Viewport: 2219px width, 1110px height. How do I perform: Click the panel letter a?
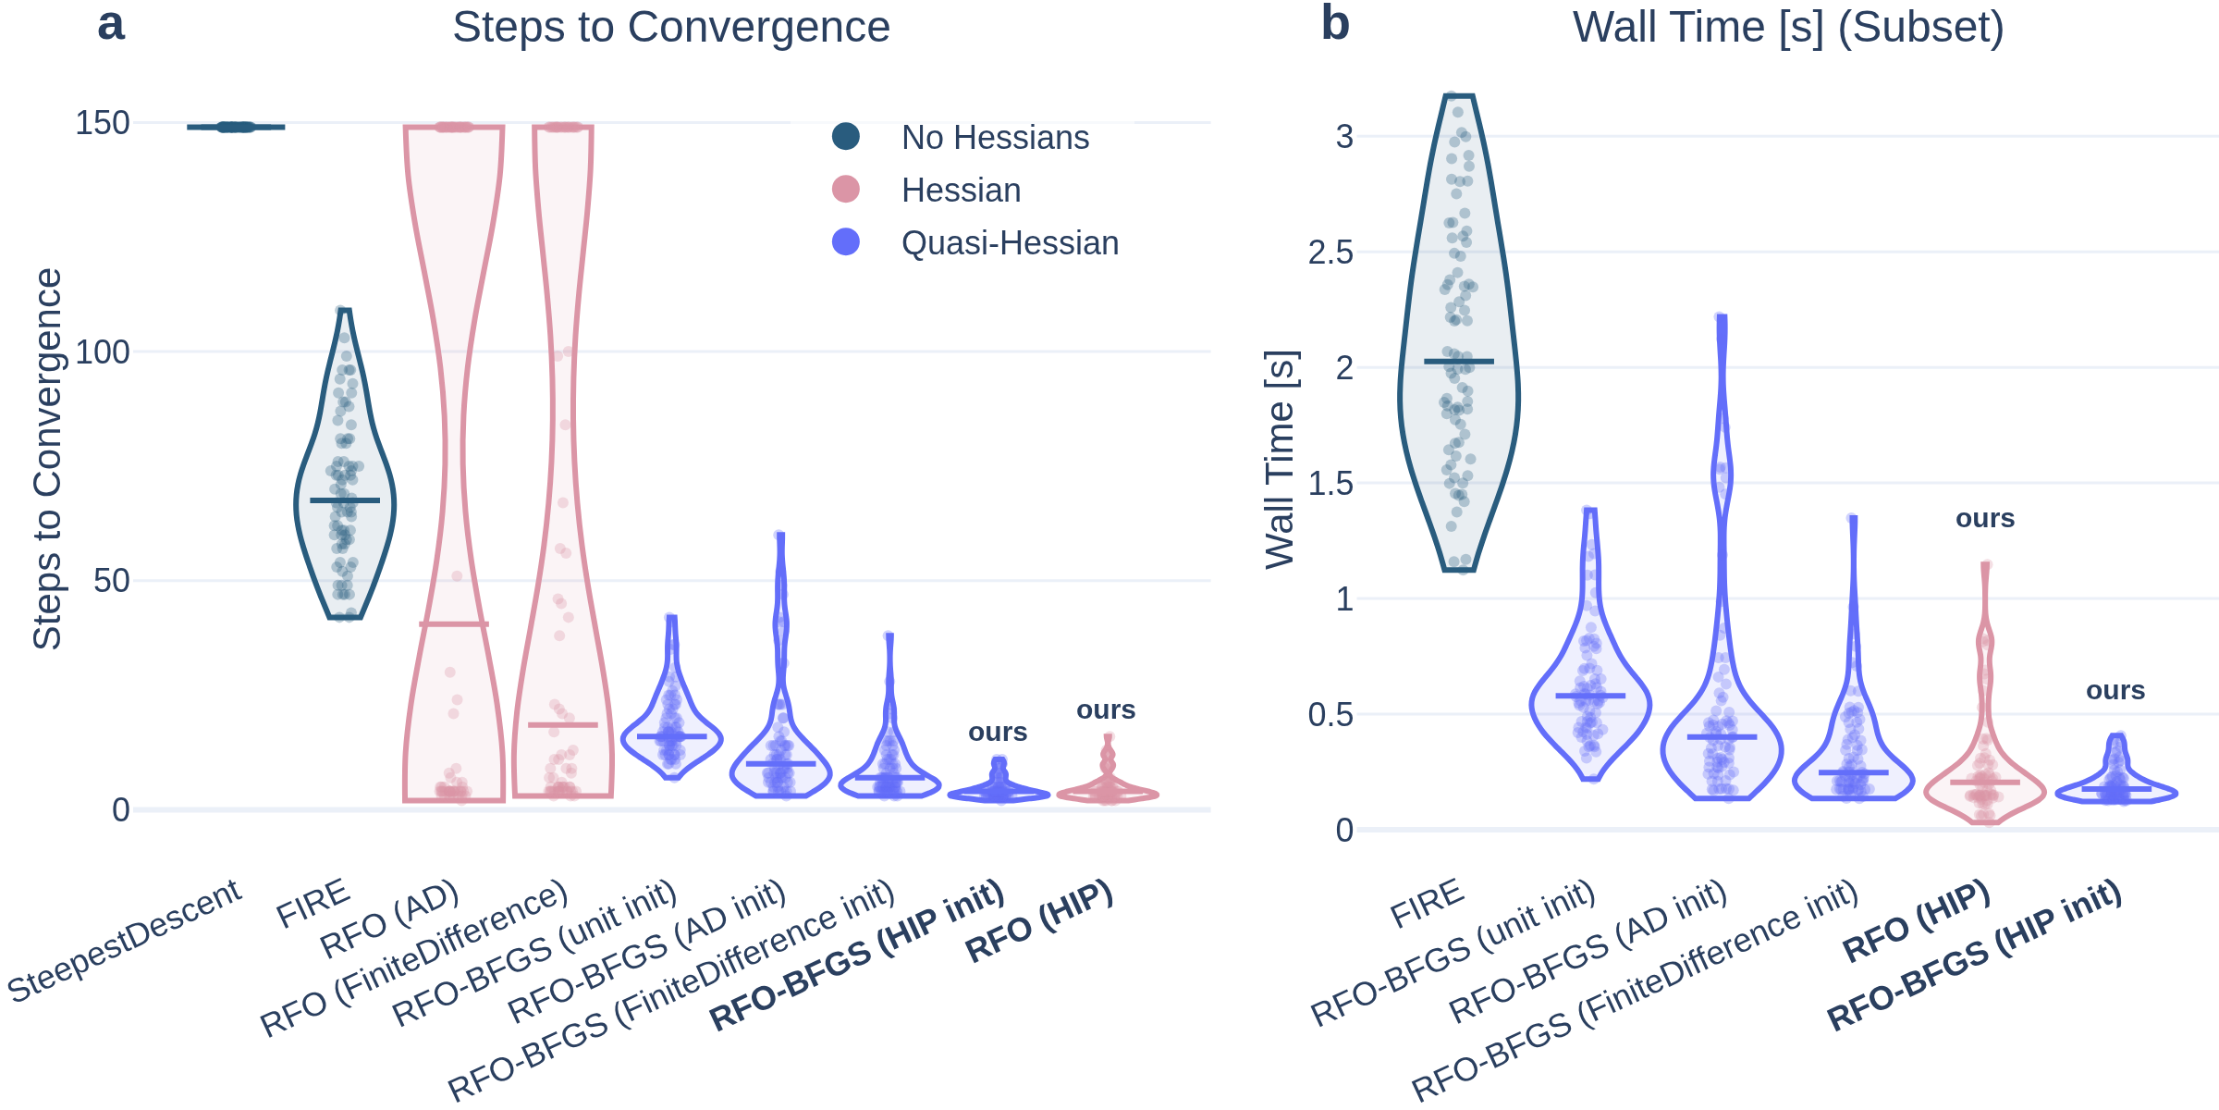click(x=111, y=25)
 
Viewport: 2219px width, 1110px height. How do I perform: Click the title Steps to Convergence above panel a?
click(x=670, y=28)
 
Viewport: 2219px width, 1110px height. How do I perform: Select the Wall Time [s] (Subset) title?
click(x=1788, y=28)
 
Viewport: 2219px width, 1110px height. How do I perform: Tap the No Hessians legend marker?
click(x=846, y=137)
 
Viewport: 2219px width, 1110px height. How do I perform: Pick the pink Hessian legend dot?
click(x=846, y=190)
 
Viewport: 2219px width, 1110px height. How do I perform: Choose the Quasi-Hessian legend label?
click(x=1010, y=243)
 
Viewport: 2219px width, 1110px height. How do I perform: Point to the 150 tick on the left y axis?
click(x=102, y=123)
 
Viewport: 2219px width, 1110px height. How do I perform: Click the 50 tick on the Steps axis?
click(x=111, y=581)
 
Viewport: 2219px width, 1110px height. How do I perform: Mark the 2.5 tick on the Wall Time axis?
click(x=1330, y=253)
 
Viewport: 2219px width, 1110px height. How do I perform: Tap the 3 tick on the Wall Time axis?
click(x=1344, y=137)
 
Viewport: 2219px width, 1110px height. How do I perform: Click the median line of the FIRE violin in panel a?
click(x=345, y=500)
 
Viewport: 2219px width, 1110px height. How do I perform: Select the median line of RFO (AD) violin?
click(x=454, y=624)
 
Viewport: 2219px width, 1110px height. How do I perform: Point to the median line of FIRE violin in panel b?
click(x=1459, y=362)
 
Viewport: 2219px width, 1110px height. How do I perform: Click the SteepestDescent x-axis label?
click(x=125, y=941)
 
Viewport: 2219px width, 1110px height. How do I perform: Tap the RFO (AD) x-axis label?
click(x=389, y=920)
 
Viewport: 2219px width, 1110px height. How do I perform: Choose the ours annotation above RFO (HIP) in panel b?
click(x=1985, y=519)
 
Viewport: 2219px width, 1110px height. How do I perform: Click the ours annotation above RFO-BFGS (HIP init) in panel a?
click(x=998, y=733)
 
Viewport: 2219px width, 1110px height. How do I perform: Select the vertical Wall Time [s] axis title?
click(x=1281, y=460)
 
